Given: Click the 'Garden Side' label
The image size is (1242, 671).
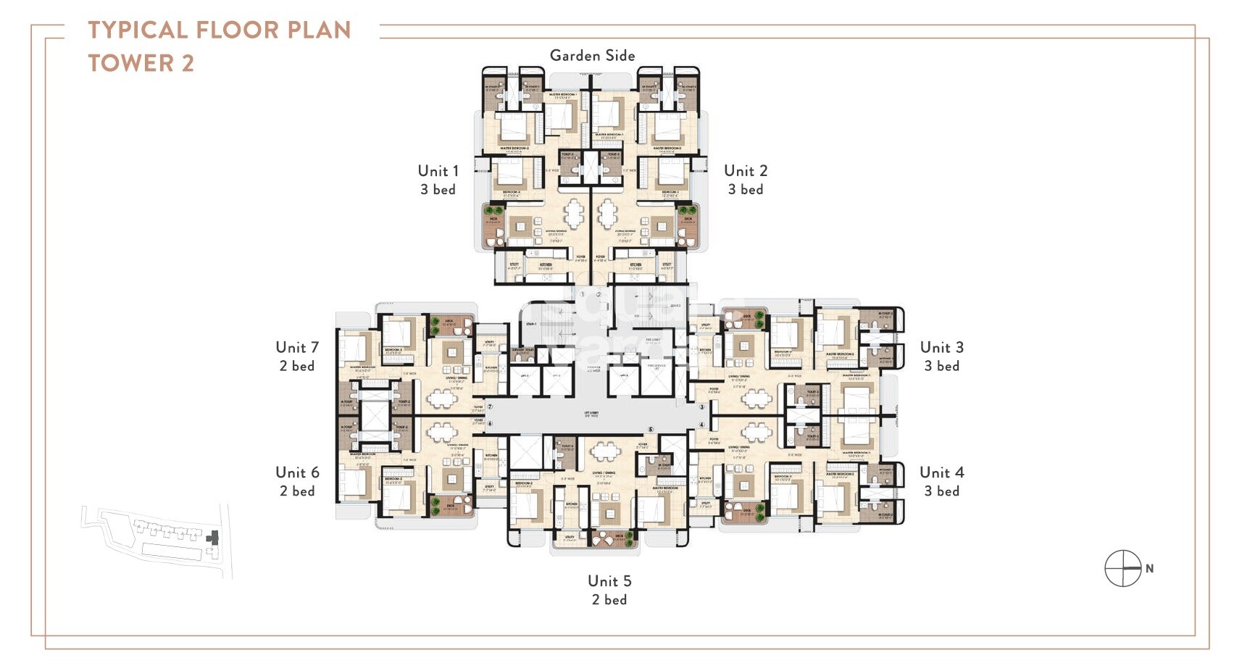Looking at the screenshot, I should pyautogui.click(x=592, y=55).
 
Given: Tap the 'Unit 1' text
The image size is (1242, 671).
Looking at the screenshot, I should pyautogui.click(x=438, y=171).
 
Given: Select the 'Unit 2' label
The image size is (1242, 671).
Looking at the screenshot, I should pyautogui.click(x=745, y=171).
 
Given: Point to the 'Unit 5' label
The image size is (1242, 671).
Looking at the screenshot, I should pyautogui.click(x=609, y=581).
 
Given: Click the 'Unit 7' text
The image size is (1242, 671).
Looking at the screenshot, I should pyautogui.click(x=296, y=348).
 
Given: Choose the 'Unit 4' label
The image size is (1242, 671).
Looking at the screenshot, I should pyautogui.click(x=941, y=472).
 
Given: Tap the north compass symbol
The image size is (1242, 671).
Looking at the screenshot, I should pyautogui.click(x=1123, y=569).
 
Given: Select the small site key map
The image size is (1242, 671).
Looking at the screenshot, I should pyautogui.click(x=156, y=540).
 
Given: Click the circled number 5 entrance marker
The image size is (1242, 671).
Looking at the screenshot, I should pyautogui.click(x=650, y=430).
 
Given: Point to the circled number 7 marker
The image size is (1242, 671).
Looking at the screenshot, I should pyautogui.click(x=490, y=407).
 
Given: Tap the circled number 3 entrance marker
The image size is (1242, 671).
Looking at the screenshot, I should pyautogui.click(x=701, y=408).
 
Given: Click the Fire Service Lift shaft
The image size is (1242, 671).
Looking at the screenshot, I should pyautogui.click(x=657, y=377).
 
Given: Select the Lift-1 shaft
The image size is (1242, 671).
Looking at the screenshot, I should pyautogui.click(x=525, y=380).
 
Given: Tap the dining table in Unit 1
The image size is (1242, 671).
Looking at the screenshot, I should pyautogui.click(x=575, y=213).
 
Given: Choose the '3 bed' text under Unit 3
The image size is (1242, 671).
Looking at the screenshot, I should pyautogui.click(x=941, y=366).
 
